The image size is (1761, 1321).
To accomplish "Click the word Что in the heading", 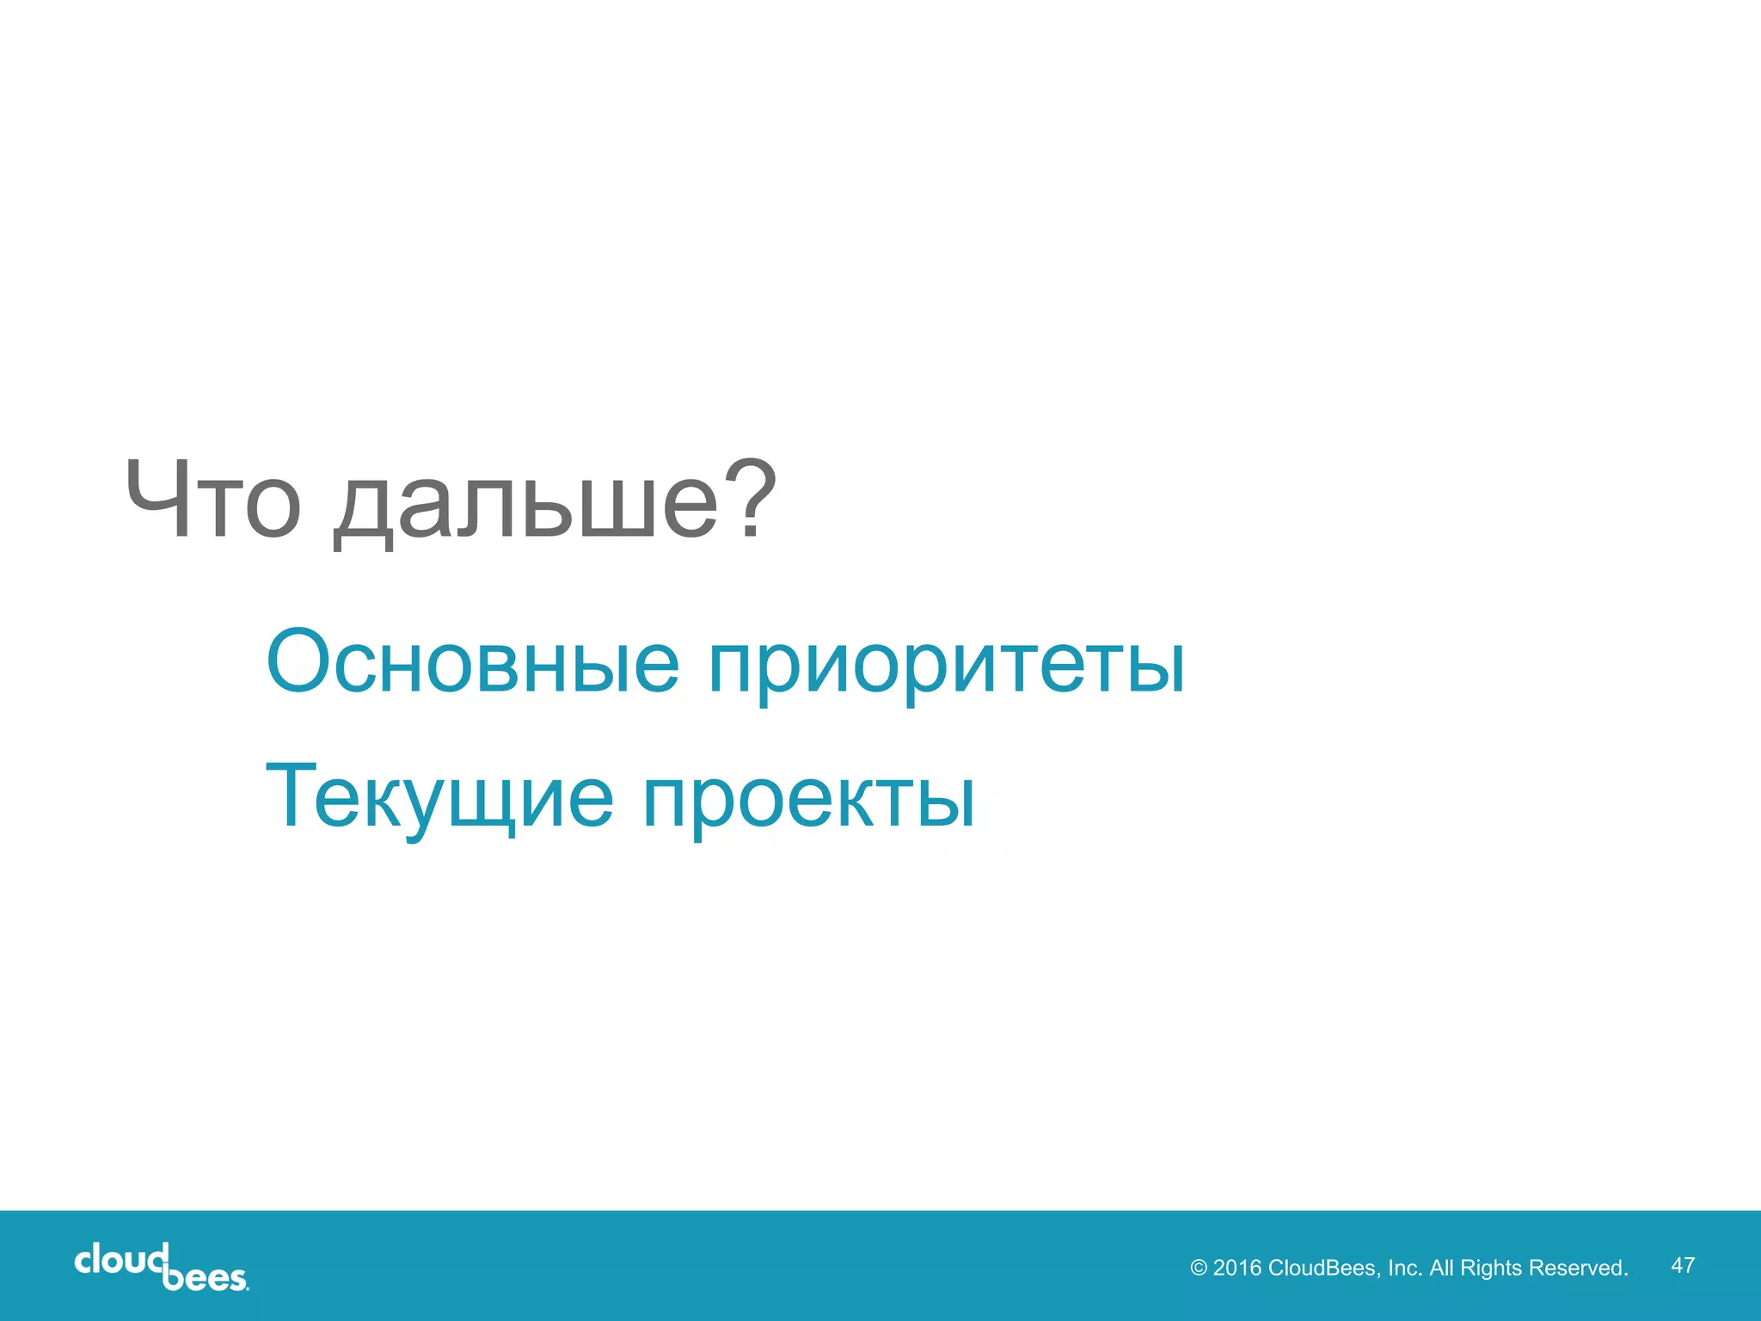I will [x=212, y=501].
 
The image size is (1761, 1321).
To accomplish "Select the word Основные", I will [x=473, y=662].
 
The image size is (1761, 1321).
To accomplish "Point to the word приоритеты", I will [x=946, y=667].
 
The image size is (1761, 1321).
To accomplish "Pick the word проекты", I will [x=808, y=802].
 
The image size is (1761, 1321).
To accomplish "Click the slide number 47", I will [x=1683, y=1265].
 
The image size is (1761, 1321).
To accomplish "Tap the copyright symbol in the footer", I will [x=1199, y=1269].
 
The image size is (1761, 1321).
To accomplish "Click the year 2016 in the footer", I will [x=1236, y=1268].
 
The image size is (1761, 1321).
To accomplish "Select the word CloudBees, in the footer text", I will [x=1324, y=1268].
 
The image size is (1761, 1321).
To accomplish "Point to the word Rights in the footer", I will [x=1491, y=1269].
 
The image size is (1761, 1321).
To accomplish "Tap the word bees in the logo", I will [x=205, y=1278].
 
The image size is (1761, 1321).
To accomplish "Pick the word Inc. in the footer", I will [x=1405, y=1268].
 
